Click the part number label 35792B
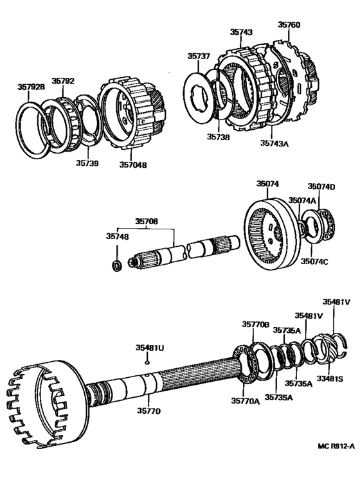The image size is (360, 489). [31, 88]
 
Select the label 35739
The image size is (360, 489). [87, 164]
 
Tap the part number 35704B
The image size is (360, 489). [133, 164]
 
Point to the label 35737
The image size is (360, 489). [199, 57]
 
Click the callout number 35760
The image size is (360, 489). [289, 25]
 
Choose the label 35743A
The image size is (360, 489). [274, 144]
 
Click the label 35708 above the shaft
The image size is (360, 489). [146, 222]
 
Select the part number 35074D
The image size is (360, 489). [321, 186]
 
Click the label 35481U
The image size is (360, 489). [149, 348]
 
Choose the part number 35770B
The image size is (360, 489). [255, 325]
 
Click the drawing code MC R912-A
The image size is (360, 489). [336, 446]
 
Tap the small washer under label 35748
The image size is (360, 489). [116, 265]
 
